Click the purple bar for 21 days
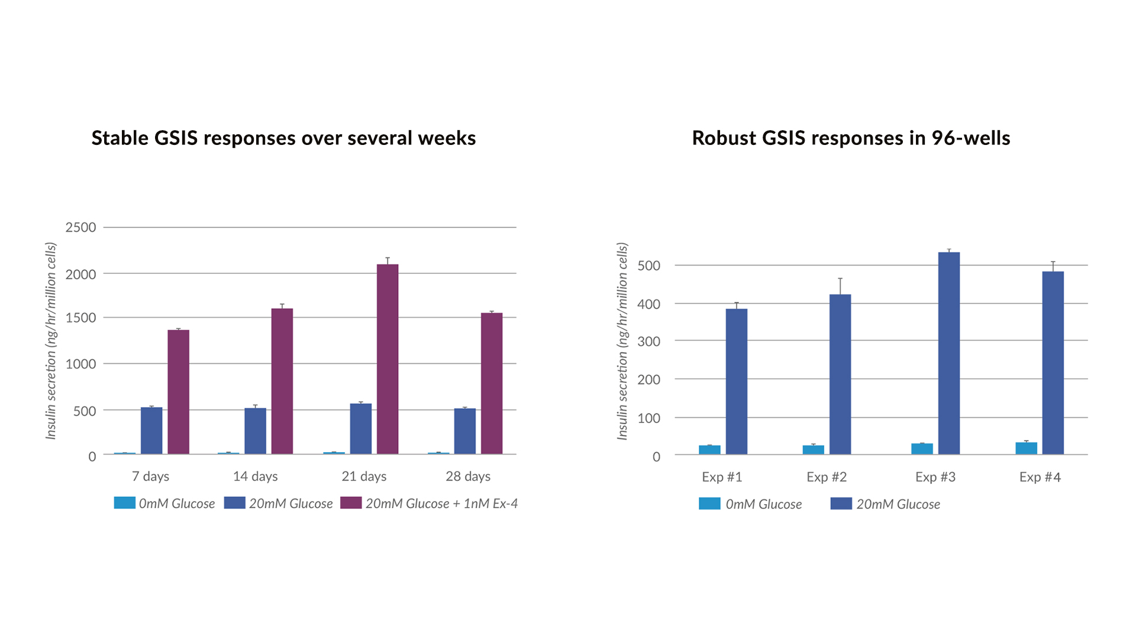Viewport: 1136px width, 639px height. coord(388,359)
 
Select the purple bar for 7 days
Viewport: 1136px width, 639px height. coord(178,392)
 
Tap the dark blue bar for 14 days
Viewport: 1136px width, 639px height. coord(255,431)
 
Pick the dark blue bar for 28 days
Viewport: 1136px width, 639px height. coord(464,431)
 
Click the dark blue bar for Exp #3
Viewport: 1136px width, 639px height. coord(949,353)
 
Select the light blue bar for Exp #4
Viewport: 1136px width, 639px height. coord(1026,448)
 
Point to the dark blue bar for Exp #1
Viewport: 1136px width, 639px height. coord(737,382)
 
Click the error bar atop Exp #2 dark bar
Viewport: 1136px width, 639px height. coord(840,286)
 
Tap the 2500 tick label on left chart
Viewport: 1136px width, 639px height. coord(80,228)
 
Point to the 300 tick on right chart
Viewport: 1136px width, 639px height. coord(648,341)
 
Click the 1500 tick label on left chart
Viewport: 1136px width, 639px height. coord(80,318)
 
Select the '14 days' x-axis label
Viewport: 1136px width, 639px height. coord(255,476)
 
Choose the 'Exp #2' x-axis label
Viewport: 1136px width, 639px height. coord(827,477)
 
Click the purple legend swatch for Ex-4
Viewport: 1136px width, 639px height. coord(351,503)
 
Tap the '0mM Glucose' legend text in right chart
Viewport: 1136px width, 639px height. coord(763,504)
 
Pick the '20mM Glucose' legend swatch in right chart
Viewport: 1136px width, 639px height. coord(841,504)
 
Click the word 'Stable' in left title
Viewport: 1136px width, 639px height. coord(119,138)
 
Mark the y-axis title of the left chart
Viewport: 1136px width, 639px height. coord(51,341)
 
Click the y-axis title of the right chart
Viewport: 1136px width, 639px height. coord(622,341)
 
